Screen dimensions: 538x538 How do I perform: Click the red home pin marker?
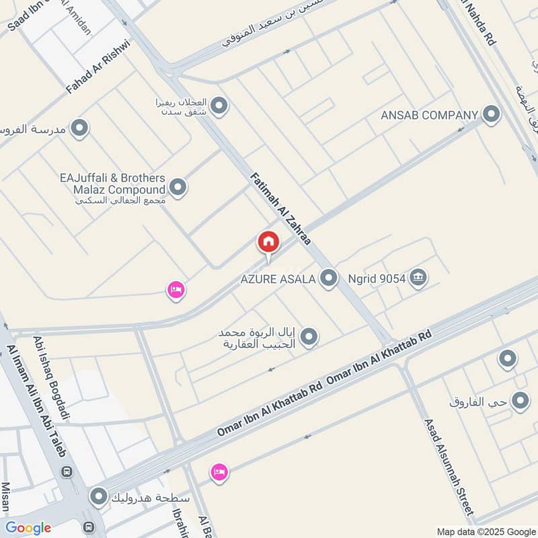[268, 243]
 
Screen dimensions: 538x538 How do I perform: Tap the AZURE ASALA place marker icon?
[328, 278]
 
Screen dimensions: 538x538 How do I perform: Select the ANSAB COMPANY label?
[429, 115]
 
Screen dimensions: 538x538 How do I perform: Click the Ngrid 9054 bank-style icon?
[418, 277]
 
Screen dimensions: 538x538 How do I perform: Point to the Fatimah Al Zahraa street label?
[280, 209]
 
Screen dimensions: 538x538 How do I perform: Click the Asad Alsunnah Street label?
[450, 464]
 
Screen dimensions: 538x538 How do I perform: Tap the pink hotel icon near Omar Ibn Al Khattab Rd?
[219, 473]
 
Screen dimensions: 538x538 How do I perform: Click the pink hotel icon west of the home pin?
[176, 291]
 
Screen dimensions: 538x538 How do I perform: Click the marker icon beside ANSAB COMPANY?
[492, 114]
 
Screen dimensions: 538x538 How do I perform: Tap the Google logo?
[28, 528]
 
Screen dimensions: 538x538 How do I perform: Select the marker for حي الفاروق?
[520, 402]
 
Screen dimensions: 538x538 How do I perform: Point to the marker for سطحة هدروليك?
[99, 498]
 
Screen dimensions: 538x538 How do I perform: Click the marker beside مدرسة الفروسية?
[80, 128]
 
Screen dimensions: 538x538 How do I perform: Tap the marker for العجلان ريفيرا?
[219, 106]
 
